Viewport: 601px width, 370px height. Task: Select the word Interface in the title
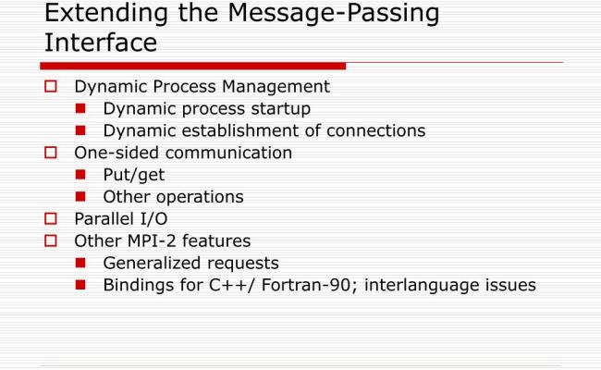coord(101,43)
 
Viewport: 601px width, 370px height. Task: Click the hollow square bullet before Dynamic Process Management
coord(52,86)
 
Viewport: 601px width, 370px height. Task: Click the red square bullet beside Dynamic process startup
coord(80,109)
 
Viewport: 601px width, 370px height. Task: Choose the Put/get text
coord(134,175)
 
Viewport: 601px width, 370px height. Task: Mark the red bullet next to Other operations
coord(80,197)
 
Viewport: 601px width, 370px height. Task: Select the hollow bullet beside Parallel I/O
coord(52,219)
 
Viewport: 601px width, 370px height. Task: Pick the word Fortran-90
coord(310,285)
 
